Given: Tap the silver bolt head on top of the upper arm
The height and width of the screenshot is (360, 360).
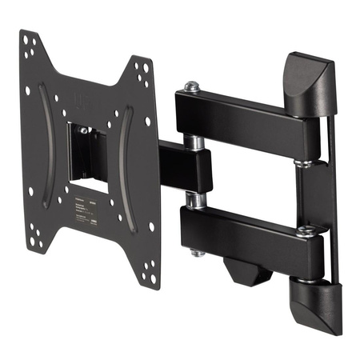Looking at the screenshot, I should point(192,86).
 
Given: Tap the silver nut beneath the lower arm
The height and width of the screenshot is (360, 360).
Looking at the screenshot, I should point(196,253).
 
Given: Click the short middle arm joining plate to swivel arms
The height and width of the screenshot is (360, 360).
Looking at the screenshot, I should point(180,169).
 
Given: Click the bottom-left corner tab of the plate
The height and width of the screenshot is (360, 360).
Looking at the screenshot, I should point(36,239).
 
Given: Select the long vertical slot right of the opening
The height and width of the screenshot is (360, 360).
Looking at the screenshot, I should point(124,172).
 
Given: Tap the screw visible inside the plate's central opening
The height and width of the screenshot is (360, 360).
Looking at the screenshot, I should point(84,130).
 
